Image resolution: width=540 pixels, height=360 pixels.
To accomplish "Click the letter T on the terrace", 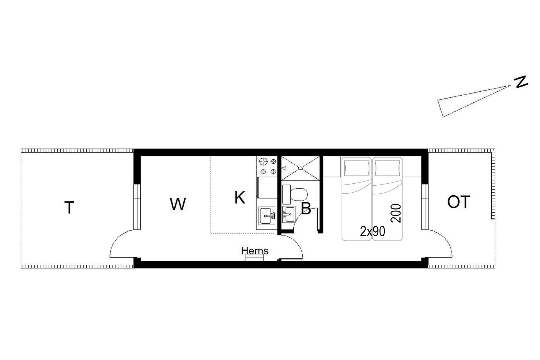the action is (x=69, y=207).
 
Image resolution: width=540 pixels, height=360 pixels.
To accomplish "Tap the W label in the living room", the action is (x=178, y=204).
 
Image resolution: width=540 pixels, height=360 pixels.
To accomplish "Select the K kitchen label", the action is (x=240, y=197).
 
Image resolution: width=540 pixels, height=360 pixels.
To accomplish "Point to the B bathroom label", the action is (x=306, y=208).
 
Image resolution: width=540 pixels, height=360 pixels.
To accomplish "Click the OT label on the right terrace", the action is (x=458, y=202).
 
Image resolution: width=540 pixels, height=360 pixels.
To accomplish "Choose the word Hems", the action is (x=255, y=251).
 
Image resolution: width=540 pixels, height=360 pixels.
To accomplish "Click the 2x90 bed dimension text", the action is (x=372, y=231).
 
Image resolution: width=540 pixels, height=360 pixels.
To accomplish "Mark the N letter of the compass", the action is (x=521, y=82).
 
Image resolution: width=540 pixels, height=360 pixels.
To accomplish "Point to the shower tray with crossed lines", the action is (x=301, y=168).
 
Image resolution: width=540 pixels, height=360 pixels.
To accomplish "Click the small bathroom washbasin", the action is (x=288, y=215).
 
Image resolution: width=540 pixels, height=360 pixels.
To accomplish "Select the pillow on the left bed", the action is (x=357, y=168).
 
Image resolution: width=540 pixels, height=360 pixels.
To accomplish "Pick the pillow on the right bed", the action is (x=387, y=168).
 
